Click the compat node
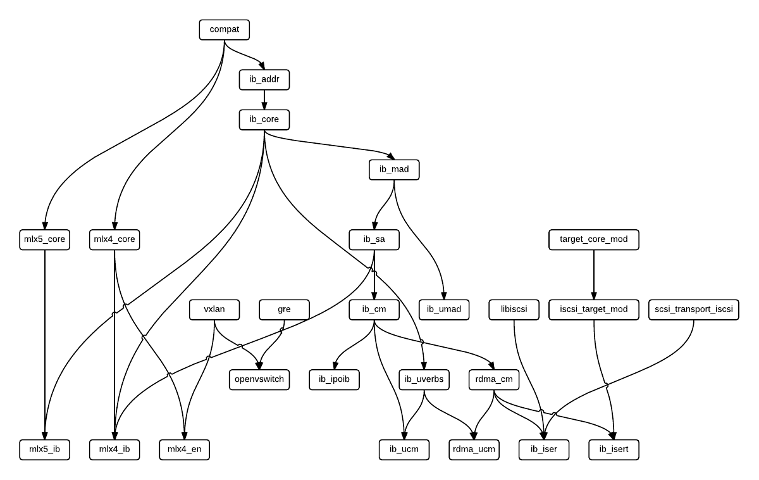click(224, 29)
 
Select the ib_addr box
click(264, 79)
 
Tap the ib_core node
click(264, 119)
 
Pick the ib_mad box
click(394, 169)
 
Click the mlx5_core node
click(45, 239)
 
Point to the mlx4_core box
click(114, 239)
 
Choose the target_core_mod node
click(593, 239)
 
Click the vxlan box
click(214, 310)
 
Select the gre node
click(284, 310)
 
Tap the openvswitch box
click(259, 379)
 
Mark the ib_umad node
click(444, 310)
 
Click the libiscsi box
click(514, 310)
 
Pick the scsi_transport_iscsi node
click(694, 310)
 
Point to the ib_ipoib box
click(335, 379)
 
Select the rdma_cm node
click(494, 379)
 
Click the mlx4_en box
click(184, 450)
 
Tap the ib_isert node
click(614, 450)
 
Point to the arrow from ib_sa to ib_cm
click(374, 275)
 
